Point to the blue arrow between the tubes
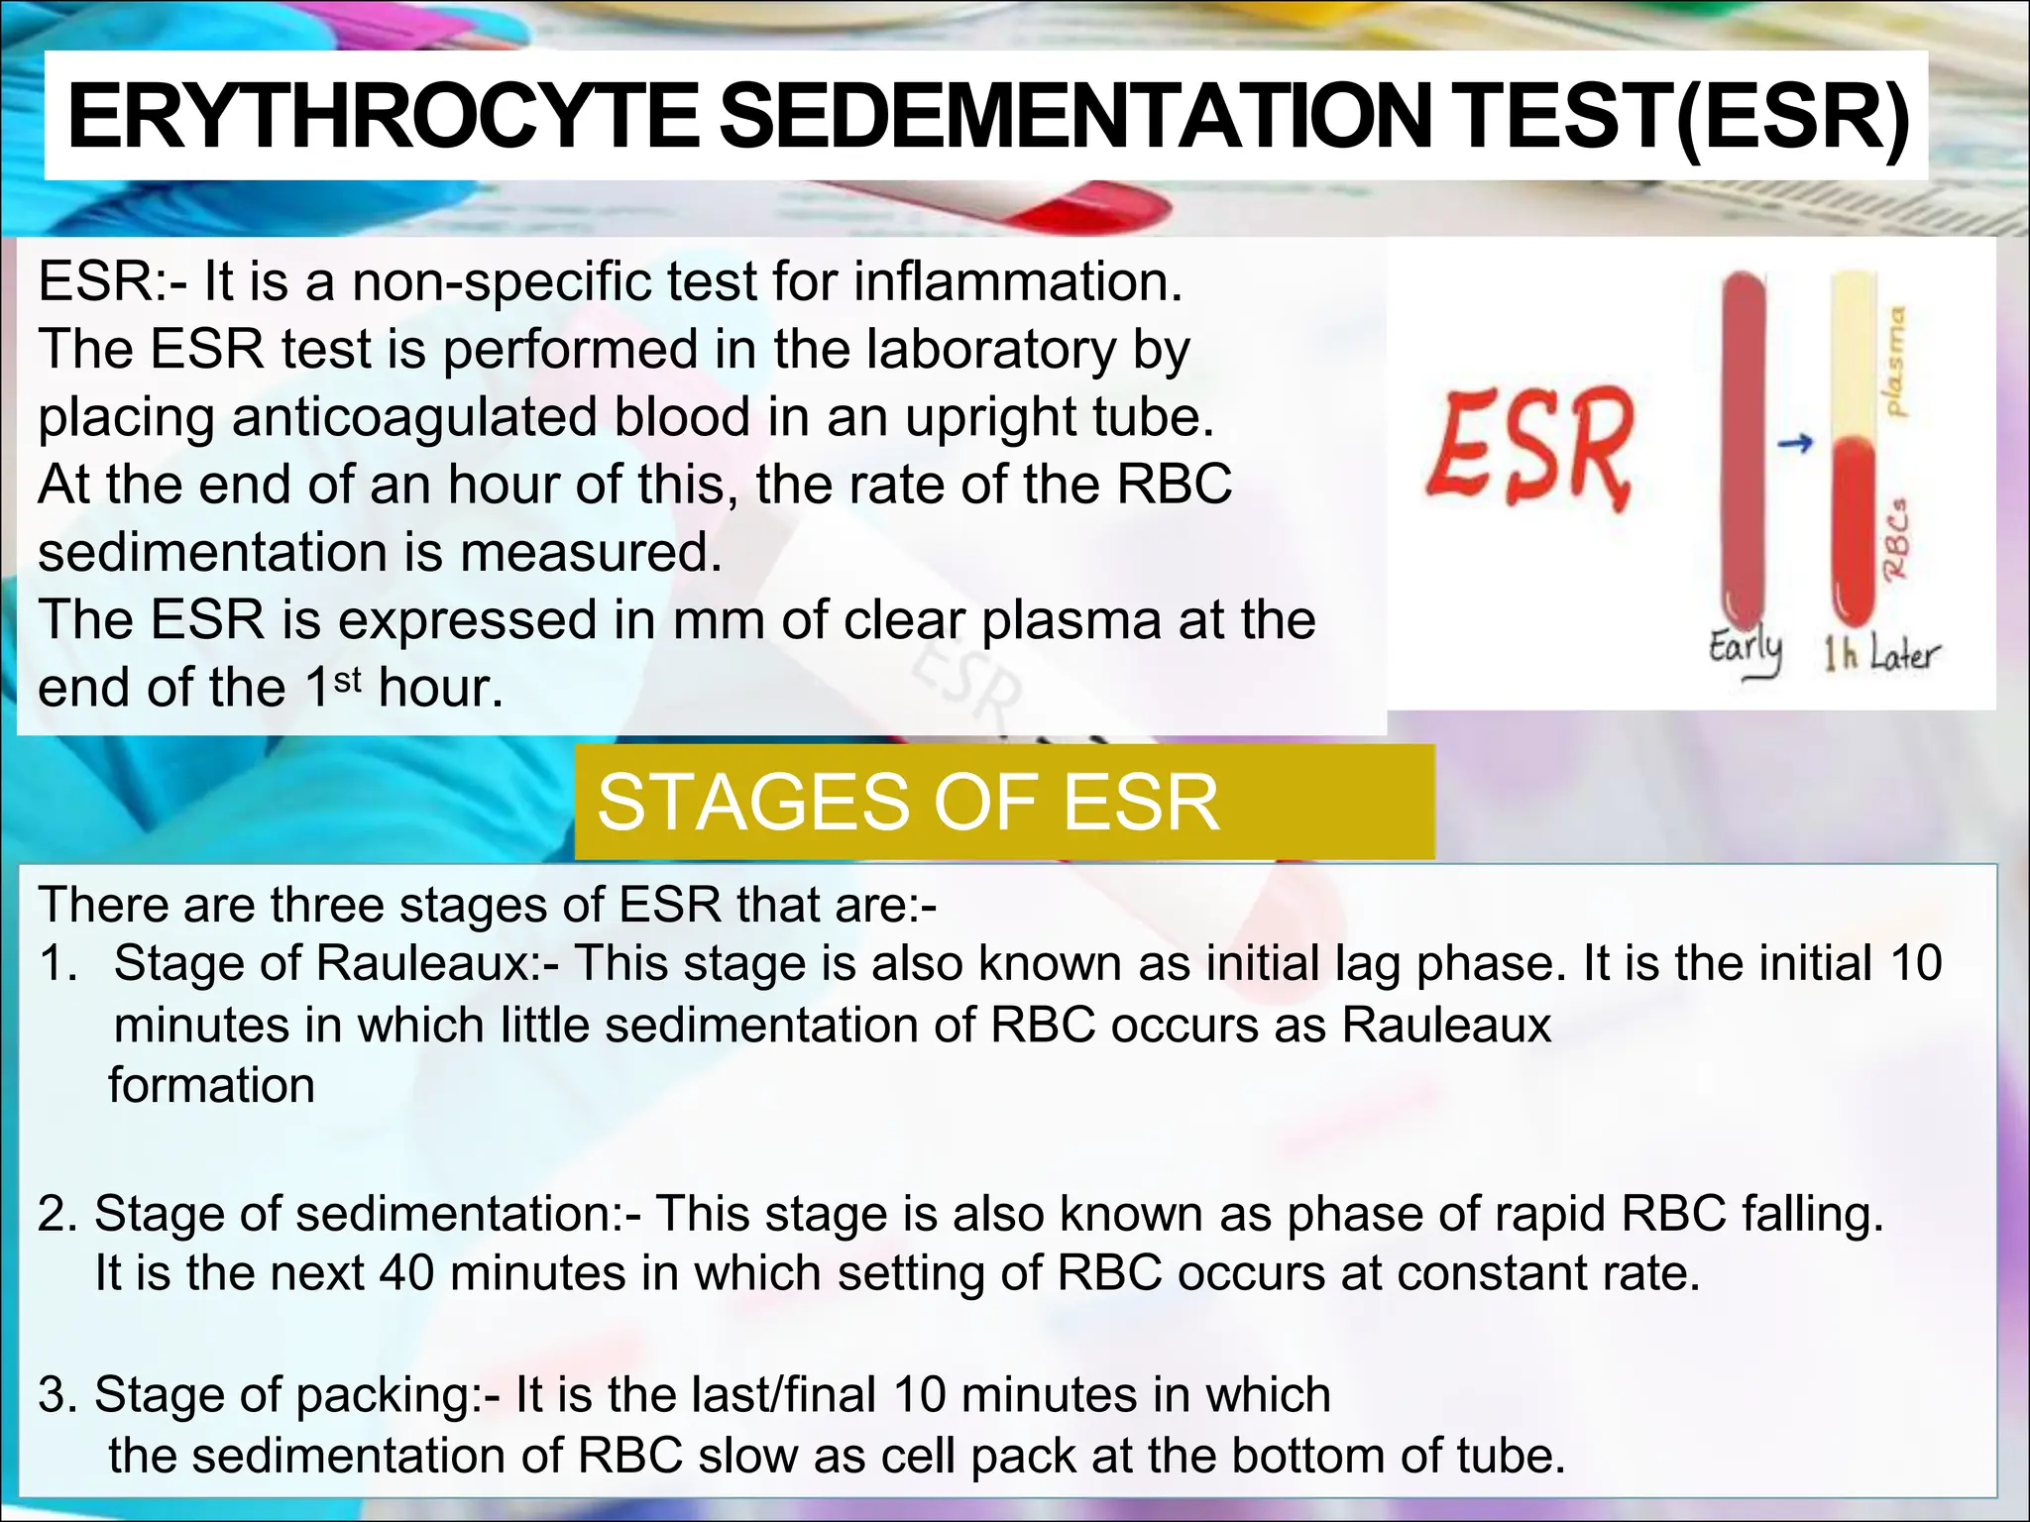tap(1795, 443)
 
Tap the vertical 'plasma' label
tap(1895, 361)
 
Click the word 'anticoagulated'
tap(415, 416)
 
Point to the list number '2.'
tap(57, 1214)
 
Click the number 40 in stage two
tap(406, 1273)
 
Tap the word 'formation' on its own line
tap(211, 1086)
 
